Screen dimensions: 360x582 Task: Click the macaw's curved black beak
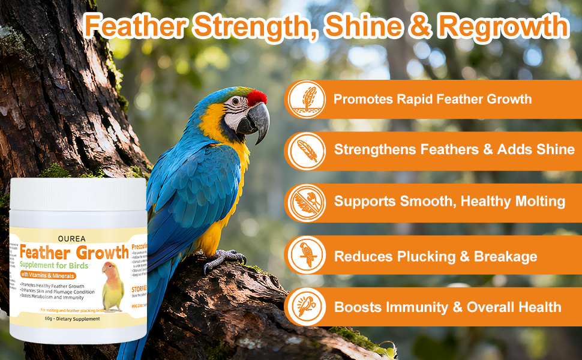[x=257, y=120]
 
